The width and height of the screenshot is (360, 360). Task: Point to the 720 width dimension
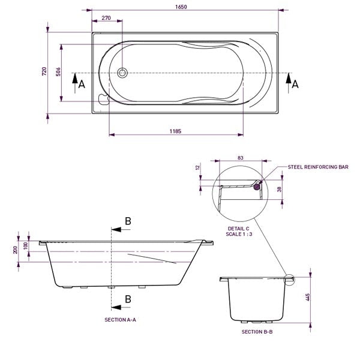(x=44, y=71)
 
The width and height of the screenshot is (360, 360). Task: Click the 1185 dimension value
(x=175, y=131)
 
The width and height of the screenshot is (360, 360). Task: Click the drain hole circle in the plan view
(x=123, y=73)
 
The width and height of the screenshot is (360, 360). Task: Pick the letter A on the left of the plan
(x=82, y=85)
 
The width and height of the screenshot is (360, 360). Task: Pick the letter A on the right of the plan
(x=295, y=85)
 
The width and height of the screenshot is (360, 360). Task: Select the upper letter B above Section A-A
(x=127, y=221)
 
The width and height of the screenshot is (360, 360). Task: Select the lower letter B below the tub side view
(x=127, y=299)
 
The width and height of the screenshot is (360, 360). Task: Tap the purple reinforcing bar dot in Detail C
(x=258, y=187)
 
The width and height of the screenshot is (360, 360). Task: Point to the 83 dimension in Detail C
(x=240, y=158)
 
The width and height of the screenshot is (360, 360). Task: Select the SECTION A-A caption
(x=121, y=320)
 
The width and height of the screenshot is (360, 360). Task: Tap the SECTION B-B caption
(x=257, y=331)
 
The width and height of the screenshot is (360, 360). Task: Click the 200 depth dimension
(x=16, y=250)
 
